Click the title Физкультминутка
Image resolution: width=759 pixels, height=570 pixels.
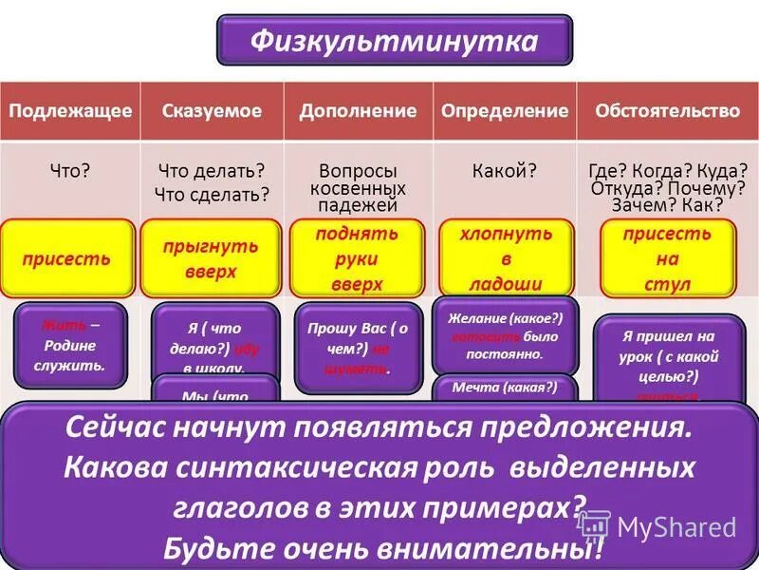pos(394,41)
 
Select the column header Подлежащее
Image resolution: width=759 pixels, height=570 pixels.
pos(70,111)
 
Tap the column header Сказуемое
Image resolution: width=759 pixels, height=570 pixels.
pos(213,111)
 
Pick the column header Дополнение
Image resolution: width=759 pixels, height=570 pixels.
pos(358,111)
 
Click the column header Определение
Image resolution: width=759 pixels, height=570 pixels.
pos(505,111)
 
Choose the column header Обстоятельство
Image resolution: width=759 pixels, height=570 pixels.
pos(667,111)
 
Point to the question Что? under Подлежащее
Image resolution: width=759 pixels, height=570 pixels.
pos(70,172)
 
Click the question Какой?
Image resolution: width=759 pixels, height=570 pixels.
pos(505,172)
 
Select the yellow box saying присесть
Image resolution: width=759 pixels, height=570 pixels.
pos(67,258)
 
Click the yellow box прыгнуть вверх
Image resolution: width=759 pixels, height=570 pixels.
pos(212,258)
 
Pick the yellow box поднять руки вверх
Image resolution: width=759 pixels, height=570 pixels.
pos(357,258)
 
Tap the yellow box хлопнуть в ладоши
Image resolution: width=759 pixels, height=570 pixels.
pos(506,258)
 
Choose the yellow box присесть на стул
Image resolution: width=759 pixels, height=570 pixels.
pos(668,258)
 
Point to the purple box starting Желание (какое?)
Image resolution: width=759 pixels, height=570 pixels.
pos(504,335)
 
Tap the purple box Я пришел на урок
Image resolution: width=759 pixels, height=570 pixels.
pos(670,356)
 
